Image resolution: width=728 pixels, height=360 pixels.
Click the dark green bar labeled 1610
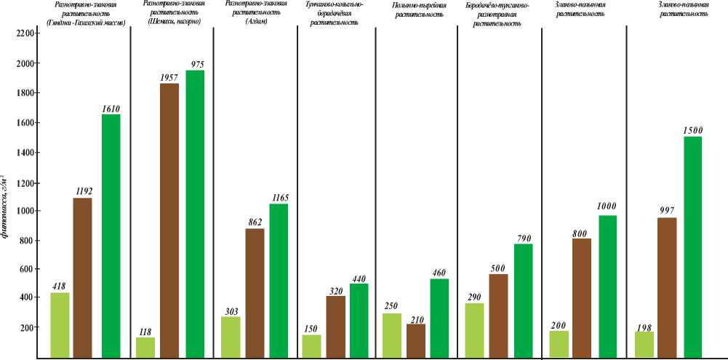coord(111,236)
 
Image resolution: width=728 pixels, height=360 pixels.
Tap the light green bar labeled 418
coord(60,325)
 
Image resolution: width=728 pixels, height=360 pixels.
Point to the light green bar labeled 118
coord(145,347)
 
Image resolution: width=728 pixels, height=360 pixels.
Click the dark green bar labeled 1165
coord(279,270)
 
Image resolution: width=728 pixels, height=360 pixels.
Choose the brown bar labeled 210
coord(416,340)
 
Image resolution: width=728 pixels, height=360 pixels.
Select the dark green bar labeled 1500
coord(692,247)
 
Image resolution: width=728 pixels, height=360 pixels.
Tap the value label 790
coord(523,237)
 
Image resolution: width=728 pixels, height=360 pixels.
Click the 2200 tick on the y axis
coord(25,34)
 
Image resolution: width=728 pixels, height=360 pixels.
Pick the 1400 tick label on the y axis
coord(25,152)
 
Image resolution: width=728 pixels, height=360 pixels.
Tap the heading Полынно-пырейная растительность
coord(415,10)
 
